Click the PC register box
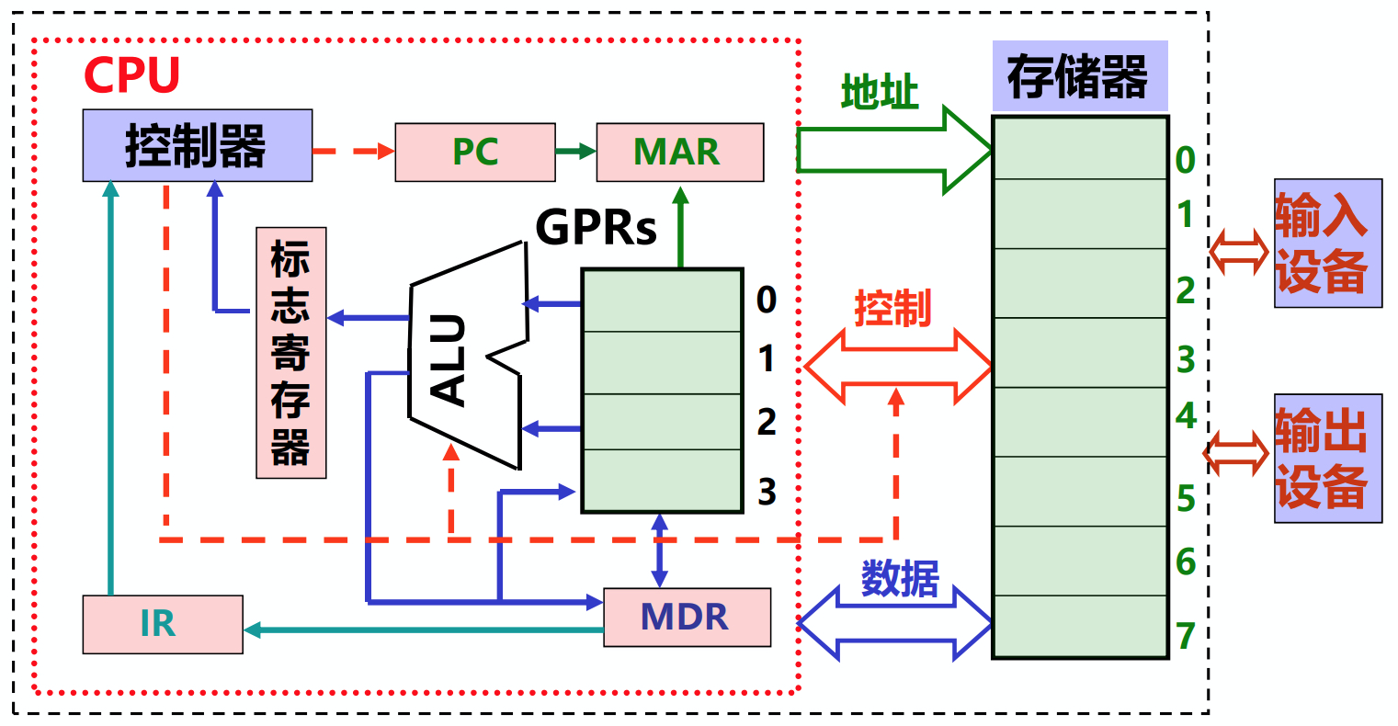pyautogui.click(x=475, y=153)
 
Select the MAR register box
pyautogui.click(x=679, y=153)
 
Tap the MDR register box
pyautogui.click(x=687, y=618)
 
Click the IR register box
pyautogui.click(x=163, y=624)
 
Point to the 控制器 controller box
pyautogui.click(x=198, y=145)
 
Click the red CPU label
pyautogui.click(x=131, y=75)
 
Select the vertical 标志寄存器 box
pyautogui.click(x=290, y=353)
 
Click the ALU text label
pyautogui.click(x=449, y=361)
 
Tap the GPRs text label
pyautogui.click(x=596, y=228)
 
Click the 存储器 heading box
pyautogui.click(x=1080, y=76)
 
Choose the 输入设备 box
pyautogui.click(x=1328, y=243)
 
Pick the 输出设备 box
pyautogui.click(x=1328, y=459)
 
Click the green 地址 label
pyautogui.click(x=880, y=92)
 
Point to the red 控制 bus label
pyautogui.click(x=892, y=308)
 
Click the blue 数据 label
pyautogui.click(x=900, y=578)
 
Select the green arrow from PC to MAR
pyautogui.click(x=576, y=151)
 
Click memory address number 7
pyautogui.click(x=1186, y=636)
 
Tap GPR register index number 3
pyautogui.click(x=767, y=492)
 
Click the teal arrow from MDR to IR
pyautogui.click(x=423, y=630)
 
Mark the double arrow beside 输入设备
pyautogui.click(x=1239, y=252)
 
